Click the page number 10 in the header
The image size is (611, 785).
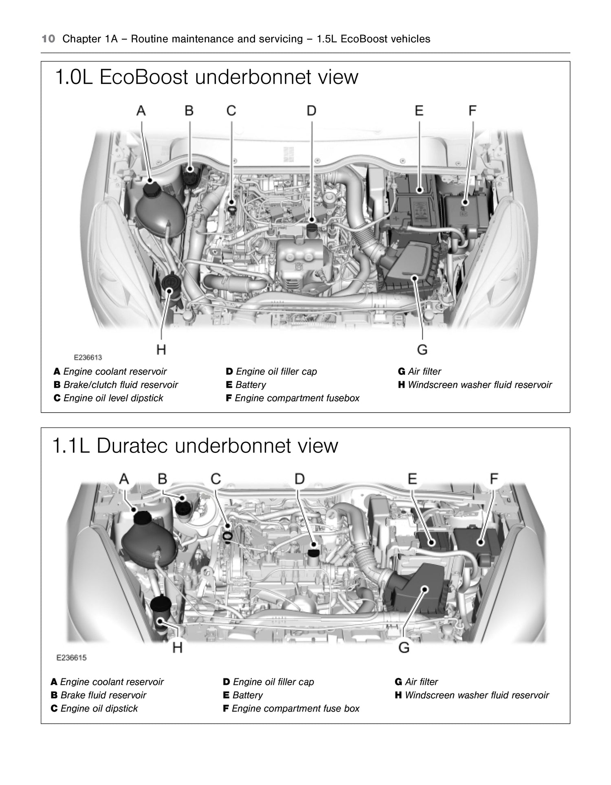48,39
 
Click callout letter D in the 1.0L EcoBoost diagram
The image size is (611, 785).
311,111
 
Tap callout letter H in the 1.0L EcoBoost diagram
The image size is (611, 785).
161,349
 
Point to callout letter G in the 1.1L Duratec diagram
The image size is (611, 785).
404,647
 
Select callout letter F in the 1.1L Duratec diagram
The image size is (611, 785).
494,479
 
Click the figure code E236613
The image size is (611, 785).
88,358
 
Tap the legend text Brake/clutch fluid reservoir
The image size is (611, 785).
121,385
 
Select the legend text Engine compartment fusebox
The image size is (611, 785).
297,398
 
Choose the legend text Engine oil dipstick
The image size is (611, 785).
99,708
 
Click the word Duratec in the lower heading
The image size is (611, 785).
132,446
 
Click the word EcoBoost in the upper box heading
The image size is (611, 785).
143,77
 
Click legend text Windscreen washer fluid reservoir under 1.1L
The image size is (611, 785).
477,695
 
